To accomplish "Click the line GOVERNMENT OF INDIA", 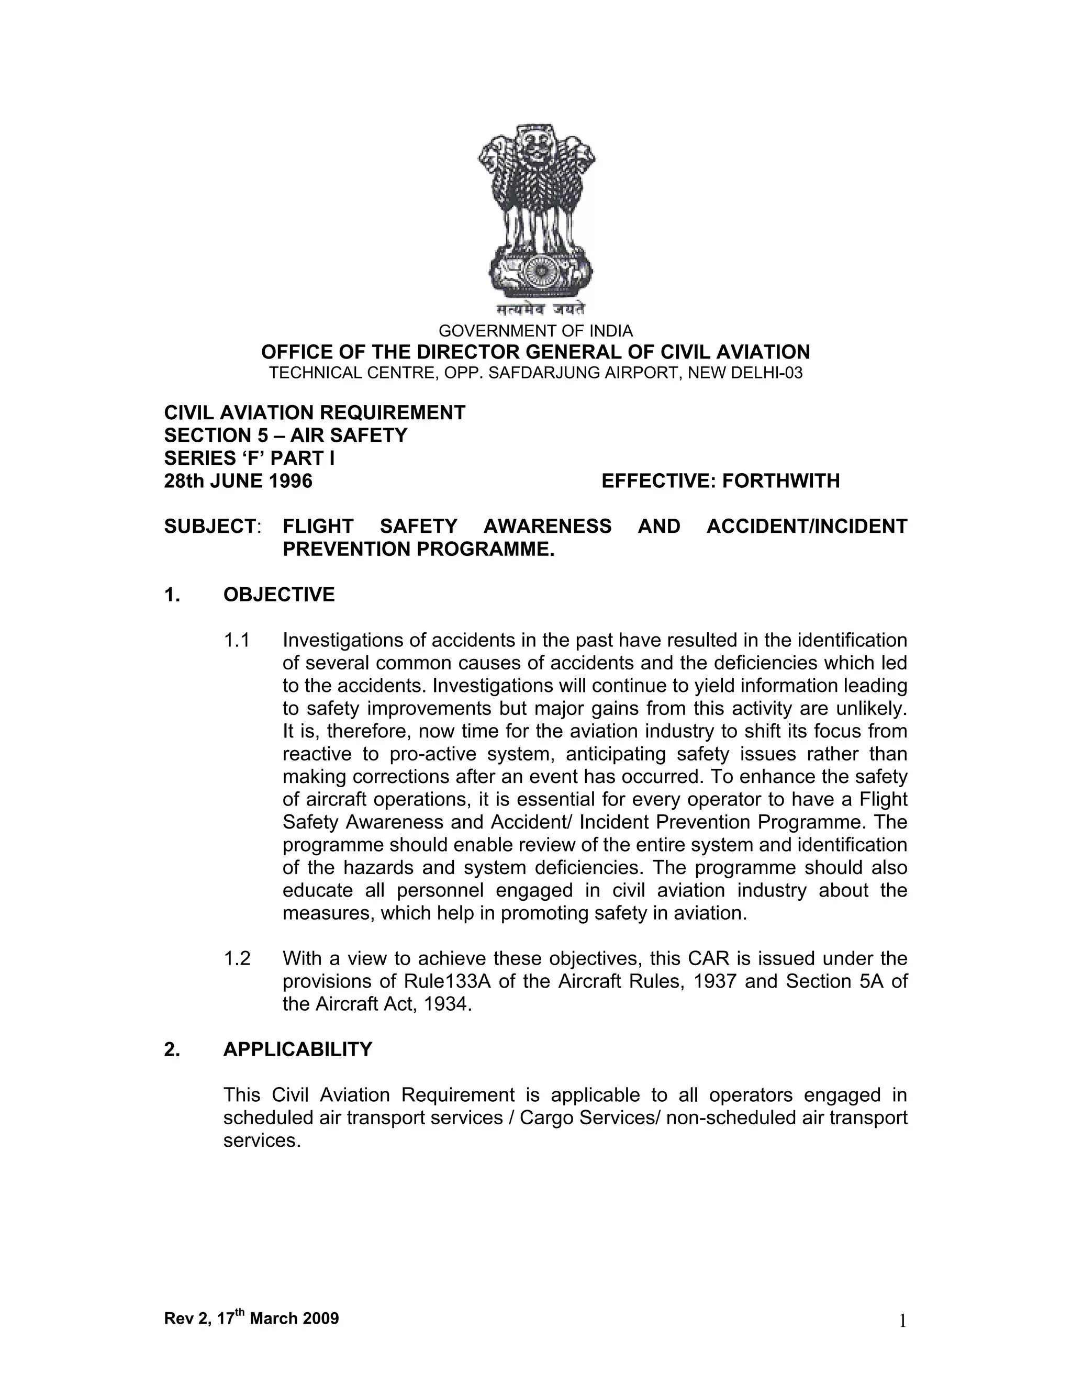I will coord(535,331).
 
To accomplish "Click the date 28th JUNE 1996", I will coord(238,482).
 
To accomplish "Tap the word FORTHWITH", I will coord(780,482).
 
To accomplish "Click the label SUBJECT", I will coord(209,527).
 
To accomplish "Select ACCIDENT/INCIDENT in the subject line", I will coord(807,527).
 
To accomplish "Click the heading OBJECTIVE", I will coord(279,595).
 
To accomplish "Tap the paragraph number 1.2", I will coord(237,958).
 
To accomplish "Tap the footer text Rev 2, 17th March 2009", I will coord(251,1318).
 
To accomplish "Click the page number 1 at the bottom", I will coord(902,1322).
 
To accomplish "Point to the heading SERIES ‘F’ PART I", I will coord(249,458).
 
